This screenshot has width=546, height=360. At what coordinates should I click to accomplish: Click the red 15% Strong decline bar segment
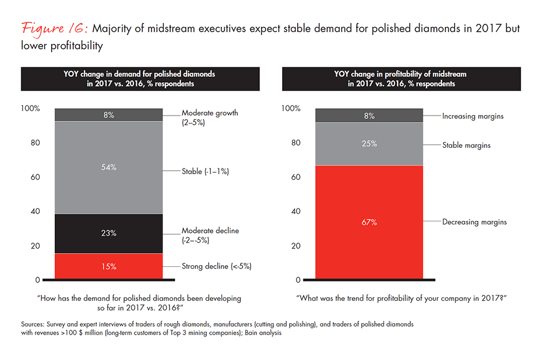(109, 266)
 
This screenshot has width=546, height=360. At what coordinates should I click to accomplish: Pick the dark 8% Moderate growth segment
(109, 114)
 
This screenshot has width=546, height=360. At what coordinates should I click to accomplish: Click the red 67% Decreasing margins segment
(370, 222)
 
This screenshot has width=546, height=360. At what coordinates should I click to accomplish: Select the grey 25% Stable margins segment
(370, 144)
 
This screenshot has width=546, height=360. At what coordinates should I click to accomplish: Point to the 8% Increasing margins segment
(370, 116)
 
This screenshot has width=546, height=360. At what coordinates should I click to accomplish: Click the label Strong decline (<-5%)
(217, 266)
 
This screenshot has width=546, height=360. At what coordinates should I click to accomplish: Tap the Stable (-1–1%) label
(205, 171)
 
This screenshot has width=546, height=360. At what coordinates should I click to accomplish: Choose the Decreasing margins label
(474, 221)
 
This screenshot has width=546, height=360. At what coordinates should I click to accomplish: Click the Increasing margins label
(472, 116)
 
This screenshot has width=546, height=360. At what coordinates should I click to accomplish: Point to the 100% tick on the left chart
(30, 108)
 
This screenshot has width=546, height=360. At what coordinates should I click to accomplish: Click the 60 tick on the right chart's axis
(297, 177)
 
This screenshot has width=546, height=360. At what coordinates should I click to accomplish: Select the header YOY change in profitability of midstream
(401, 74)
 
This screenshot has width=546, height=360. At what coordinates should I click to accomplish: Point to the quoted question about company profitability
(401, 298)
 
